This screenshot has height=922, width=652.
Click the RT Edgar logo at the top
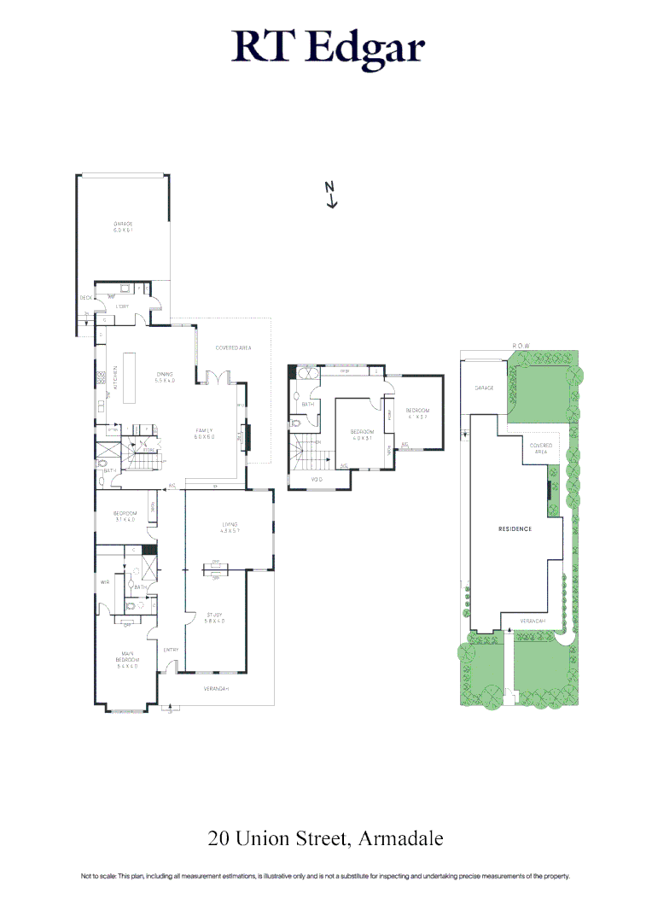(328, 49)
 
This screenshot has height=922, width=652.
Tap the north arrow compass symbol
(331, 195)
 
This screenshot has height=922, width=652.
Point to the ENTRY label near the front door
(170, 651)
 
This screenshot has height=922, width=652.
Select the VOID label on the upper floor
(318, 481)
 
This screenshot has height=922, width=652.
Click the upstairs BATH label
(307, 405)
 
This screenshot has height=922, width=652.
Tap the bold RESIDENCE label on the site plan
(515, 529)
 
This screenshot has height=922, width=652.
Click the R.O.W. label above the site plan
(521, 346)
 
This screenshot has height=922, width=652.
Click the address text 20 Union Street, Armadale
(326, 838)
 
